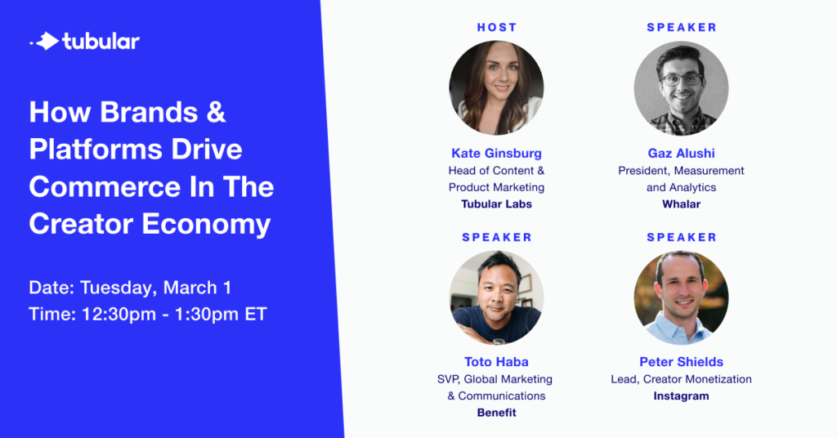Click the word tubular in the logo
click(x=101, y=42)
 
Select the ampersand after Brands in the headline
click(x=215, y=112)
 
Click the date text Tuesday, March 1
click(x=156, y=288)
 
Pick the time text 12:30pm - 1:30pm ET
click(x=174, y=315)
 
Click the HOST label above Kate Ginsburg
click(x=497, y=27)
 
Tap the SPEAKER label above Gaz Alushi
click(x=682, y=27)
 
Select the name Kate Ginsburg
click(x=496, y=154)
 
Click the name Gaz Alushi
click(x=681, y=154)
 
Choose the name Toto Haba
click(x=496, y=362)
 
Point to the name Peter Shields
click(x=681, y=362)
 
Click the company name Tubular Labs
click(x=496, y=203)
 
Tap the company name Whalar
click(x=681, y=203)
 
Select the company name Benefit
click(x=496, y=413)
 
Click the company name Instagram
click(x=681, y=396)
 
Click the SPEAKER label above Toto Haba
click(x=497, y=238)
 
